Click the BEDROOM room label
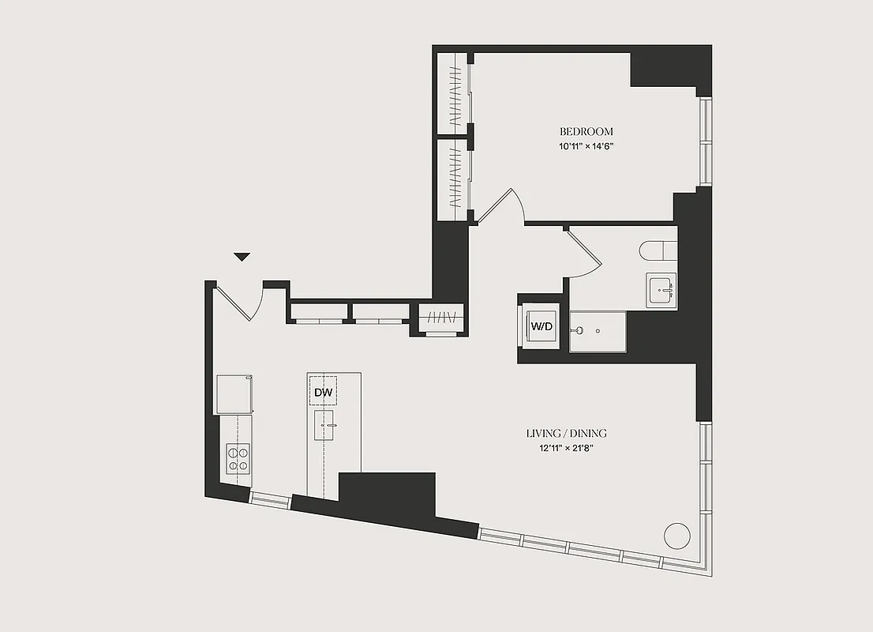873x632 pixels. pos(586,132)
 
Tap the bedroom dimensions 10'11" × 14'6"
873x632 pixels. pos(586,146)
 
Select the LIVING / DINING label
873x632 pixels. pos(566,434)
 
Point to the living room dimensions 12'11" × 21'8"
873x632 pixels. pos(566,449)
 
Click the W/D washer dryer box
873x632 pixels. pos(540,325)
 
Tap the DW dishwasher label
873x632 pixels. pos(323,392)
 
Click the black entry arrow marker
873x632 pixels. pos(242,257)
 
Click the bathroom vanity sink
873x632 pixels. pos(661,292)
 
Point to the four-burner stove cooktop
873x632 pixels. pos(238,458)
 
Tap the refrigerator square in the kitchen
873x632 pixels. pos(234,393)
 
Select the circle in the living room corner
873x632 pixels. pos(676,535)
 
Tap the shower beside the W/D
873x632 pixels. pos(598,331)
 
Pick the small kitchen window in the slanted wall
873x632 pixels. pos(270,498)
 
